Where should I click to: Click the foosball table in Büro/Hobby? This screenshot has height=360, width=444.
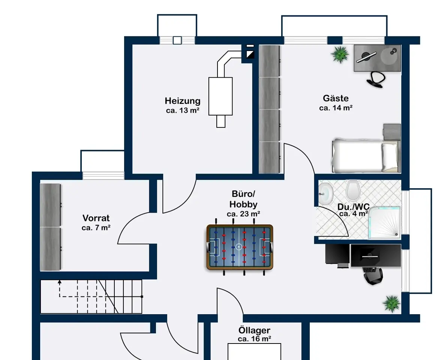click(x=239, y=247)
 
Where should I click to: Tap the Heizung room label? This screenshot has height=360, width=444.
click(x=182, y=101)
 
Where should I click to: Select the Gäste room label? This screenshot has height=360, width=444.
click(x=336, y=98)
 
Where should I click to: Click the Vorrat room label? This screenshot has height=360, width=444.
click(x=96, y=218)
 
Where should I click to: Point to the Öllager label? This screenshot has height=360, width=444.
click(x=254, y=330)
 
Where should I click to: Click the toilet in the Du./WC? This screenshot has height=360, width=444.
click(x=352, y=190)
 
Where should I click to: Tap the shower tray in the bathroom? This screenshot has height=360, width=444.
click(x=384, y=223)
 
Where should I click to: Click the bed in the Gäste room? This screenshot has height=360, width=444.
click(x=364, y=156)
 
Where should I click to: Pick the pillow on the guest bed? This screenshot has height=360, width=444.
click(x=389, y=156)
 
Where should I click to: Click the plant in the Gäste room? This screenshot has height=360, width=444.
click(x=340, y=54)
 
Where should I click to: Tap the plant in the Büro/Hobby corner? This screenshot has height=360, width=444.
click(x=391, y=303)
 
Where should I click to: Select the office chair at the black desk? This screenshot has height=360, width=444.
click(x=373, y=276)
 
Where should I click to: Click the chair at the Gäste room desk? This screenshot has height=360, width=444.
click(x=376, y=79)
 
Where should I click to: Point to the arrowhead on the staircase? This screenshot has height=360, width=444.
click(x=59, y=281)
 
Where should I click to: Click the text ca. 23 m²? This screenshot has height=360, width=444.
click(x=243, y=214)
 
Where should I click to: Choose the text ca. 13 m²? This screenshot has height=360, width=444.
click(x=182, y=111)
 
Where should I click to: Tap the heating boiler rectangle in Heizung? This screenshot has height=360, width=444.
click(x=220, y=96)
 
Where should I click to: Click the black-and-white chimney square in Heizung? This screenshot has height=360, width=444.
click(x=249, y=55)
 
